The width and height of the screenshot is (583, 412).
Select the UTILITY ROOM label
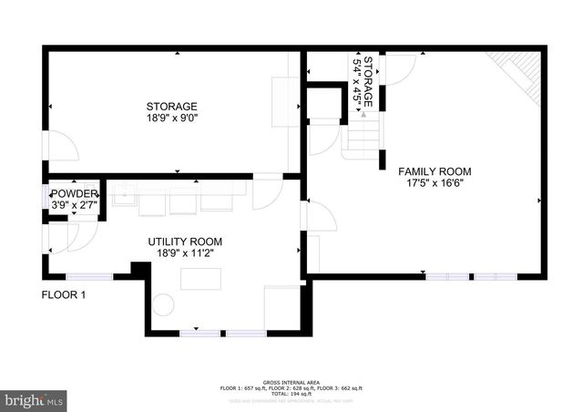tap(185, 242)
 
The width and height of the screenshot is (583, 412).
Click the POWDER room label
tap(73, 193)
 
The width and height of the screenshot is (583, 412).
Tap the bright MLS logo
tap(34, 399)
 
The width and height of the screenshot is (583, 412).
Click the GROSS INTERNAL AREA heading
tap(291, 381)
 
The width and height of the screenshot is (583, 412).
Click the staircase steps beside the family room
tap(362, 138)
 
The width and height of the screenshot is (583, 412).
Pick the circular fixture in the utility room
tap(163, 305)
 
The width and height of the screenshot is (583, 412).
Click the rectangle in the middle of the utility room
tap(199, 279)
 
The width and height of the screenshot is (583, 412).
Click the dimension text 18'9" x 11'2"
tap(185, 254)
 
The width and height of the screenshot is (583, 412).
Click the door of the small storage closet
tap(397, 69)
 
